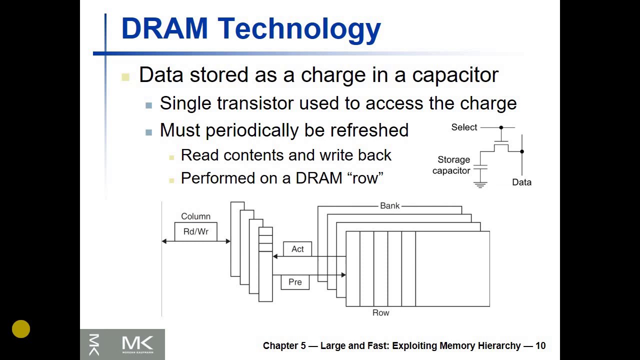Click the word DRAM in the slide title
click(164, 29)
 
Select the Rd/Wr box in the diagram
click(195, 231)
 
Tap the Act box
click(297, 249)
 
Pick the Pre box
click(295, 282)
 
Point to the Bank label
click(389, 205)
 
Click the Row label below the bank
click(380, 312)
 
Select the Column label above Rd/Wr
click(195, 216)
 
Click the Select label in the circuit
click(464, 127)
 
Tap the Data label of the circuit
click(521, 182)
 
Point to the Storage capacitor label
click(452, 165)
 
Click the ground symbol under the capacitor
click(480, 184)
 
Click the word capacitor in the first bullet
click(455, 75)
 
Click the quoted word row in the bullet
click(365, 178)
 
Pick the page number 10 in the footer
click(540, 345)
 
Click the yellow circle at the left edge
click(21, 329)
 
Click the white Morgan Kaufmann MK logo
click(137, 344)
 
